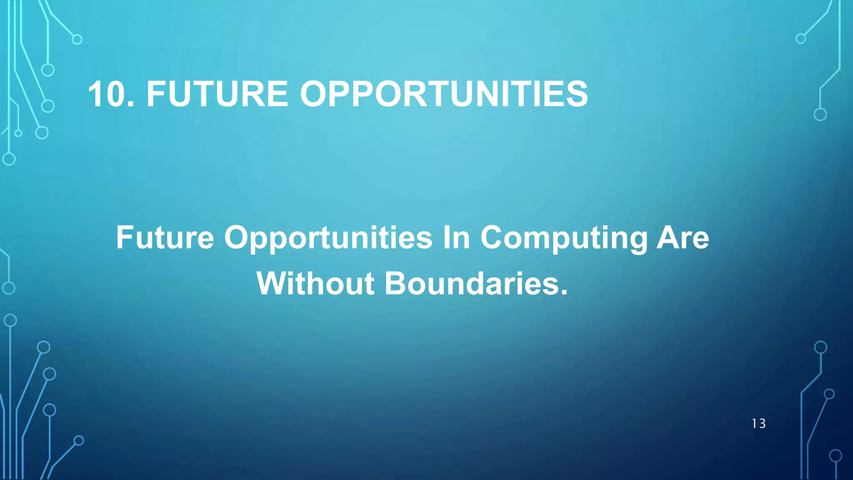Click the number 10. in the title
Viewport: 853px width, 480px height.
coord(111,94)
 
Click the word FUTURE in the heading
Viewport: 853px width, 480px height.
coord(217,94)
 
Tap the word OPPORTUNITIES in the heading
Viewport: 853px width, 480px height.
coord(444,94)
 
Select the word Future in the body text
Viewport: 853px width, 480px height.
coord(165,237)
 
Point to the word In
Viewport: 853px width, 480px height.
coord(456,237)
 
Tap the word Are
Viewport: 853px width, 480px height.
coord(683,237)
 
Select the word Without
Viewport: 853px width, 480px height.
coord(315,284)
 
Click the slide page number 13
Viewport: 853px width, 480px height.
coord(758,424)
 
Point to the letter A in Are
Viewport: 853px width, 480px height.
coord(668,237)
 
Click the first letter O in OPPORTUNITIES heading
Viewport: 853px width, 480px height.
coord(315,94)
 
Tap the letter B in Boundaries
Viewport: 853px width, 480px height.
coord(398,284)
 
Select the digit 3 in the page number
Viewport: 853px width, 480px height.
coord(762,424)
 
